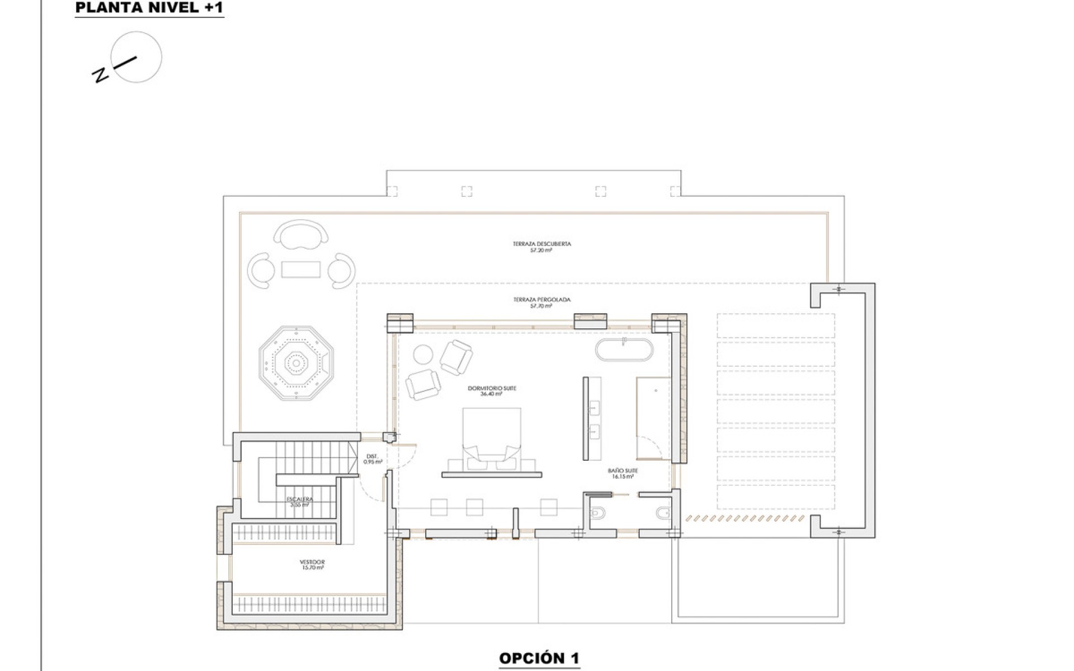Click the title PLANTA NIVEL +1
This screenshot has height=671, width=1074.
149,8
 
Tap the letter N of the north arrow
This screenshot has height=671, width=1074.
101,75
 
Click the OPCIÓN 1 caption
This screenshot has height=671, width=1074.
539,658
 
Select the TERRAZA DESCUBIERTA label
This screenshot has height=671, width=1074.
541,244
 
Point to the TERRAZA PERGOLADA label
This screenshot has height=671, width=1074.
541,300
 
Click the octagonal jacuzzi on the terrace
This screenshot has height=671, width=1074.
296,364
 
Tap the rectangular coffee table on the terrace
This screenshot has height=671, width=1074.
301,270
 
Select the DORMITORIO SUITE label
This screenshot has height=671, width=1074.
491,388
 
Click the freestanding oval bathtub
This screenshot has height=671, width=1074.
624,349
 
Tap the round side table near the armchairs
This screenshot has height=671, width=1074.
423,355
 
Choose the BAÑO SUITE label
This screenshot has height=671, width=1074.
623,471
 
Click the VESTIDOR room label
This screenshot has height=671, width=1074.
312,562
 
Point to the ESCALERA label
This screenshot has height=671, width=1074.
300,499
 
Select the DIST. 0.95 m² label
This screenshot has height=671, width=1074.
373,459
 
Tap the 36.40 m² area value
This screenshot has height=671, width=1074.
491,394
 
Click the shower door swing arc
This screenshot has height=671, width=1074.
649,446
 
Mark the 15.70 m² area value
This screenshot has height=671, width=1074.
312,568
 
